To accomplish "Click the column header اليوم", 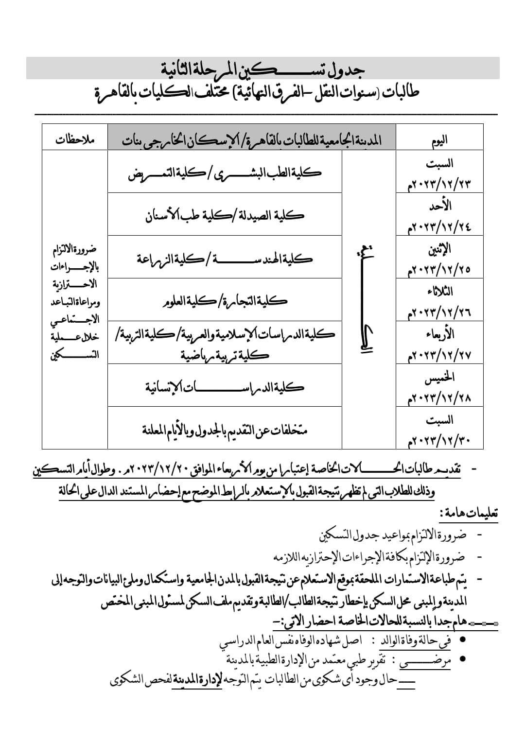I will [439, 140].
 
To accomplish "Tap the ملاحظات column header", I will [74, 140].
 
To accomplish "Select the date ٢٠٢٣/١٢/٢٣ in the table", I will [439, 184].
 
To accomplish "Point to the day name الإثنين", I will [439, 249].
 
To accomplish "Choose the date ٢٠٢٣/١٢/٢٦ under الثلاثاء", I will [439, 312].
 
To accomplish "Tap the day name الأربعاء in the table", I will [441, 334].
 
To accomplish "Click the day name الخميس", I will [439, 377].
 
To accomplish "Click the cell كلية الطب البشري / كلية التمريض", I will [225, 173].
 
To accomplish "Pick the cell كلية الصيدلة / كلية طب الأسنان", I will [225, 215].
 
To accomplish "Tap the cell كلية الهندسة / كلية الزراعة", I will [225, 258].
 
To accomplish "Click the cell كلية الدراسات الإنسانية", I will [225, 387].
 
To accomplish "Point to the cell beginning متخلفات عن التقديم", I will [225, 430].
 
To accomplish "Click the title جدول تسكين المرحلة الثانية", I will [263, 69].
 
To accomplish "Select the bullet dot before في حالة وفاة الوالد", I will [463, 639].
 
